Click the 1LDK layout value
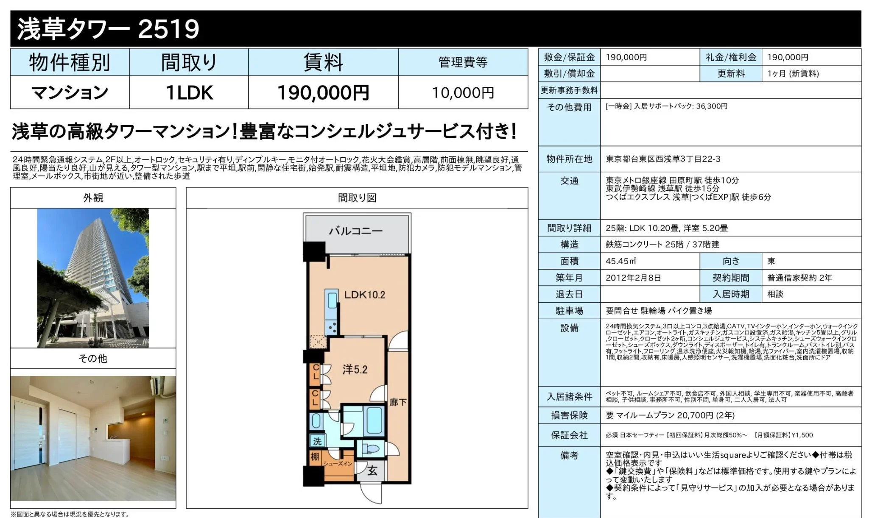[189, 92]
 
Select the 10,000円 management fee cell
[463, 92]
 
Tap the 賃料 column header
[323, 62]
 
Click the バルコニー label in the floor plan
[356, 231]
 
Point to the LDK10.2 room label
[365, 295]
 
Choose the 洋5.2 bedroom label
[355, 370]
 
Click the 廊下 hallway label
[398, 402]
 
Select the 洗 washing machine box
[317, 441]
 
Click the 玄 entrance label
[372, 471]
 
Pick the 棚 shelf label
[315, 457]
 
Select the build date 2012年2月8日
[633, 278]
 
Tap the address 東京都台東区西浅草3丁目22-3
[663, 159]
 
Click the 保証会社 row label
[569, 435]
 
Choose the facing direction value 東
[771, 261]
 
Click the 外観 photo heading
[93, 198]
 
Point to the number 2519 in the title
[168, 29]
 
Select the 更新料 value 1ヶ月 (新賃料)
[793, 74]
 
